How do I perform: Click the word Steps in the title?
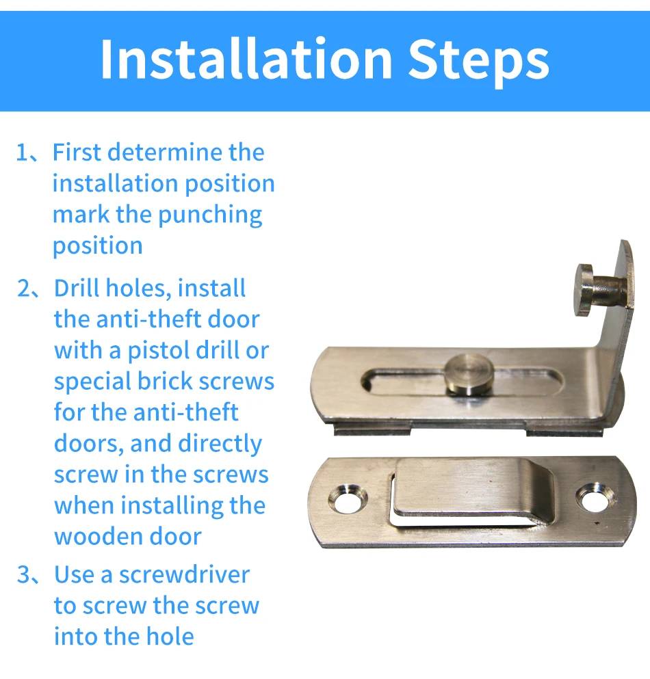coord(478,59)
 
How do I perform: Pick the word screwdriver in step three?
coord(184,574)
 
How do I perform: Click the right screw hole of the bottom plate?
coord(591,498)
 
